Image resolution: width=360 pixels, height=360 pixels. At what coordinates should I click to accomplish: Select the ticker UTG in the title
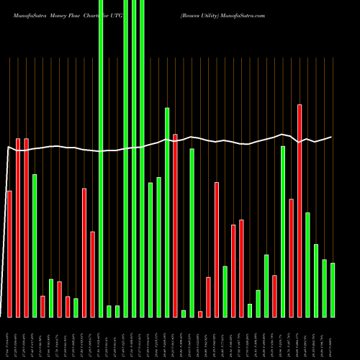pos(117,14)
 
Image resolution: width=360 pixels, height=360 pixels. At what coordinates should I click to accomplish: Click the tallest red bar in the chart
pos(299,210)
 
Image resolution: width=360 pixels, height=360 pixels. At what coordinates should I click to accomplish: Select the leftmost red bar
pos(9,253)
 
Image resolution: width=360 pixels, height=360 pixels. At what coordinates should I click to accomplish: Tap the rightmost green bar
pos(332,289)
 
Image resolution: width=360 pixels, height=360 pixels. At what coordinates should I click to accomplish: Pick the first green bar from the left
pos(35,245)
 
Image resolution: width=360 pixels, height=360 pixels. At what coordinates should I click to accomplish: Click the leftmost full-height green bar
pos(101,158)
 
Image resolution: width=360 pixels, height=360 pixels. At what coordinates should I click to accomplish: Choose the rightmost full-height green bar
pos(142,158)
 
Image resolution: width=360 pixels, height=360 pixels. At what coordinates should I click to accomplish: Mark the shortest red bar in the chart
pos(200,314)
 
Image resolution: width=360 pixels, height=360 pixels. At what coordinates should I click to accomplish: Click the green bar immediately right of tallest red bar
pos(307,264)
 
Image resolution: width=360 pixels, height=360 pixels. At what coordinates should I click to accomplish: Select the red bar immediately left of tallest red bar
pos(291,258)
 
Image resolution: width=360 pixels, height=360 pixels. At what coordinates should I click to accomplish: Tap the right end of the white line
pos(332,137)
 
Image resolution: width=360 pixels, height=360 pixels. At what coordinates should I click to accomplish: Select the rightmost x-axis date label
pos(332,338)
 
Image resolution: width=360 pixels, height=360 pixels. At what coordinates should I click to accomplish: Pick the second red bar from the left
pos(18,228)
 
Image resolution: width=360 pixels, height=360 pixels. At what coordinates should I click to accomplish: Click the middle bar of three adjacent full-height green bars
pos(134,158)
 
